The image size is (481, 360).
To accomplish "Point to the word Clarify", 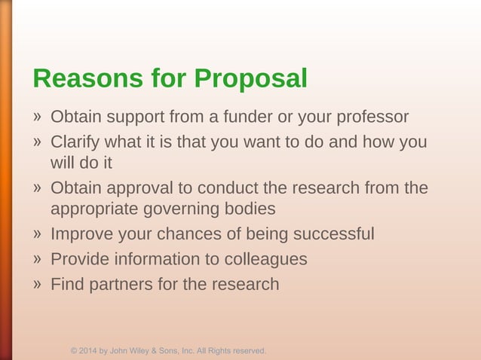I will pos(76,142).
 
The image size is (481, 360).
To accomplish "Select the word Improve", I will pos(81,234).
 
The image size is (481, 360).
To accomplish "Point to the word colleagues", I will pos(265,259).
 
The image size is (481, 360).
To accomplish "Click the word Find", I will pos(66,285).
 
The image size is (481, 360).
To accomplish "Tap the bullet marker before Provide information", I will pos(37,259).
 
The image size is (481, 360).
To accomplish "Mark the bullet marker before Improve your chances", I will pos(37,233).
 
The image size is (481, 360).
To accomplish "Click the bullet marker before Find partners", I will pos(37,284).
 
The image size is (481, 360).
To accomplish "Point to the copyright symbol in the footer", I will pos(74,351).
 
